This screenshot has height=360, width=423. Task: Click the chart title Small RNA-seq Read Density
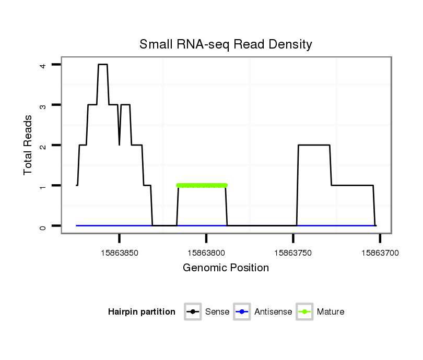pyautogui.click(x=226, y=44)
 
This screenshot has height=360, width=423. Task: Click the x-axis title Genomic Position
pyautogui.click(x=226, y=268)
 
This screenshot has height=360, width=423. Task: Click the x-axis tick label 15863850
pyautogui.click(x=120, y=253)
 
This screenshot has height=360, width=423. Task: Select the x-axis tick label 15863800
pyautogui.click(x=206, y=253)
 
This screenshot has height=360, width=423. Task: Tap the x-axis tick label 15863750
pyautogui.click(x=293, y=253)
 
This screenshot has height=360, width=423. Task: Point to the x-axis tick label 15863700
pyautogui.click(x=380, y=253)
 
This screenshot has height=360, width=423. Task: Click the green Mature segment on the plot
pyautogui.click(x=202, y=185)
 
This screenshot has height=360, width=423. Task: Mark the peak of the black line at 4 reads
pyautogui.click(x=103, y=65)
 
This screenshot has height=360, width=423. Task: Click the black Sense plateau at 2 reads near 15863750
pyautogui.click(x=314, y=145)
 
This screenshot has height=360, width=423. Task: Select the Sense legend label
pyautogui.click(x=217, y=312)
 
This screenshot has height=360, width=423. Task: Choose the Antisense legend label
pyautogui.click(x=273, y=312)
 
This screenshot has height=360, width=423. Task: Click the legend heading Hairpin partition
pyautogui.click(x=142, y=312)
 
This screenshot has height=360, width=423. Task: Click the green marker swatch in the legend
pyautogui.click(x=304, y=312)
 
